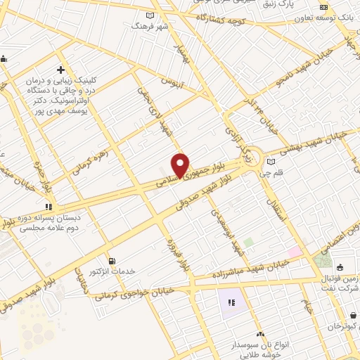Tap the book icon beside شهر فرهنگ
click(x=149, y=15)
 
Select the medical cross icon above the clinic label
click(x=61, y=70)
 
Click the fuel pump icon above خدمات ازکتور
click(x=110, y=262)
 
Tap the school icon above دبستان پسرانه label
click(x=49, y=207)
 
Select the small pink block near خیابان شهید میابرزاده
click(x=295, y=251)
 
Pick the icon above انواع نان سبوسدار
click(x=261, y=333)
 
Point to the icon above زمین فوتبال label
click(x=340, y=267)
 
